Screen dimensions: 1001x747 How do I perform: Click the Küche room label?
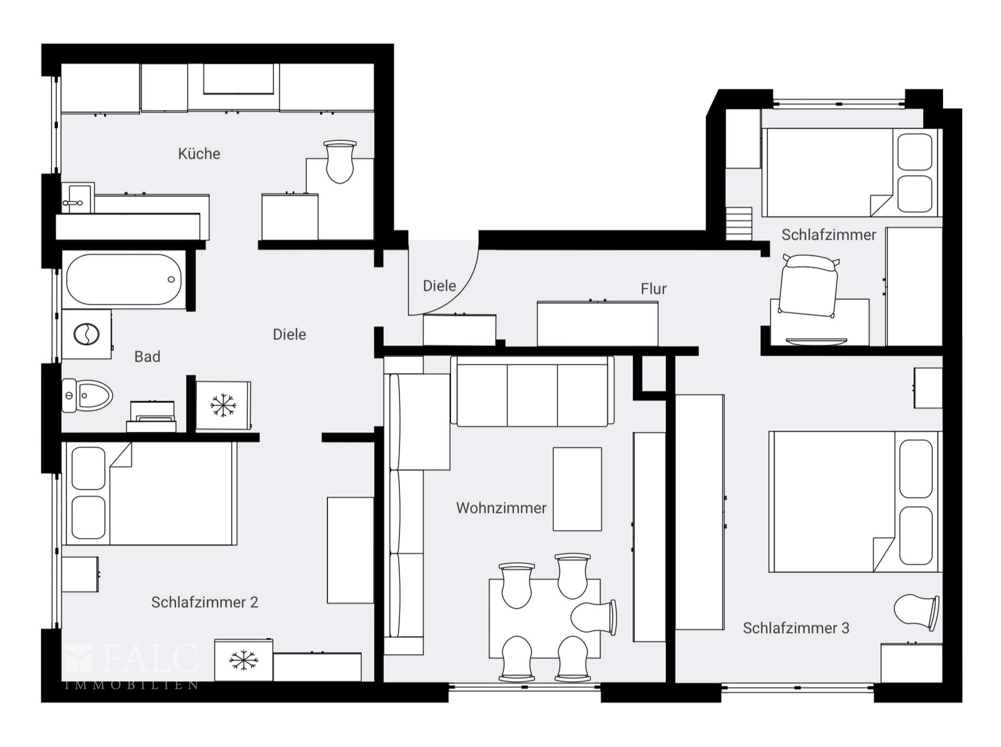[x=199, y=153]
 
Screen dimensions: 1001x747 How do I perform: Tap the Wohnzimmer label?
[x=501, y=508]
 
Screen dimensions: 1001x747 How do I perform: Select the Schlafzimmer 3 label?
[x=796, y=628]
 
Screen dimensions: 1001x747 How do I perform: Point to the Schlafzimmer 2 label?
[x=204, y=602]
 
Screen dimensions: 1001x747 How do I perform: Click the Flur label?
[x=653, y=288]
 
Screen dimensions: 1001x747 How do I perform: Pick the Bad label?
[x=147, y=356]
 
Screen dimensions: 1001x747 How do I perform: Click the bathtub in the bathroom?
[x=124, y=279]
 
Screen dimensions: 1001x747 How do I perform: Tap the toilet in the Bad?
[x=87, y=395]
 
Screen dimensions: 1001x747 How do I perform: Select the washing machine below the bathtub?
[x=87, y=334]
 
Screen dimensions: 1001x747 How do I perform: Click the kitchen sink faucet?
[x=72, y=202]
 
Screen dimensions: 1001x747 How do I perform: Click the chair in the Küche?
[x=340, y=162]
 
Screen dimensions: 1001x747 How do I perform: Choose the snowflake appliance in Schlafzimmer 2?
[x=243, y=660]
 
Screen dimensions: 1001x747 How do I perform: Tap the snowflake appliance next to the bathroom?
[x=223, y=405]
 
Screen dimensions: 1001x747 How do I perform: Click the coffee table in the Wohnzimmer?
[x=577, y=489]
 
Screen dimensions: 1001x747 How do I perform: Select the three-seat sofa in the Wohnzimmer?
[x=532, y=391]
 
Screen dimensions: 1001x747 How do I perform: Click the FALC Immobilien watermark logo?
[x=131, y=667]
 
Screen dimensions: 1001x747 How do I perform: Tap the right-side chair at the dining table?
[x=594, y=618]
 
